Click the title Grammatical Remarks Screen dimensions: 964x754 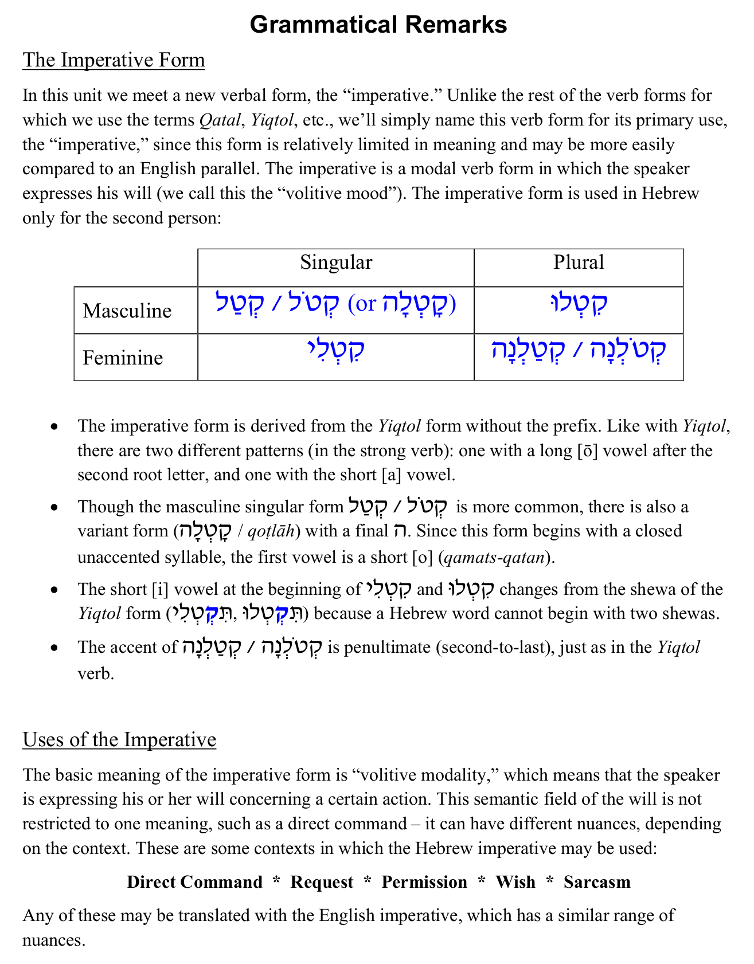click(x=378, y=25)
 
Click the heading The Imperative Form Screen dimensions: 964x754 click(x=114, y=60)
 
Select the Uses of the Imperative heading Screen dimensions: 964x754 click(x=119, y=739)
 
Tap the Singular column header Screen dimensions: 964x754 click(x=336, y=262)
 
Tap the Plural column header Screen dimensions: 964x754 click(x=579, y=262)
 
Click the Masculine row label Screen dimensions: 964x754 click(x=127, y=311)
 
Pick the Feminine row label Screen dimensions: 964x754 click(x=123, y=358)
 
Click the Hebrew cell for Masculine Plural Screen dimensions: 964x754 click(x=579, y=304)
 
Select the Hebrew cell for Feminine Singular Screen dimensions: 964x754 click(x=336, y=351)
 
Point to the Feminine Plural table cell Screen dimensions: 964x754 click(x=579, y=351)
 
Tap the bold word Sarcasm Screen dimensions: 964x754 click(x=597, y=881)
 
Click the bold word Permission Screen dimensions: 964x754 click(x=424, y=881)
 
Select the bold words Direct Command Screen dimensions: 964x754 click(x=195, y=881)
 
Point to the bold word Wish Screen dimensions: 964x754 click(x=515, y=881)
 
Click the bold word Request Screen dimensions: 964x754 click(x=322, y=881)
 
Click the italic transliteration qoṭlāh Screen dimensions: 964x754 click(x=271, y=531)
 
